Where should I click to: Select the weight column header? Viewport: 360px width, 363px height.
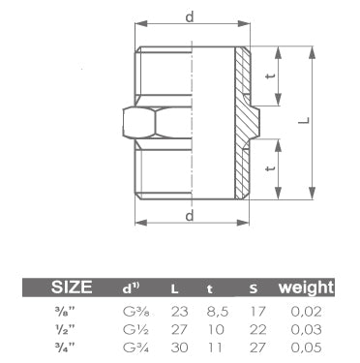point(306,287)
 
